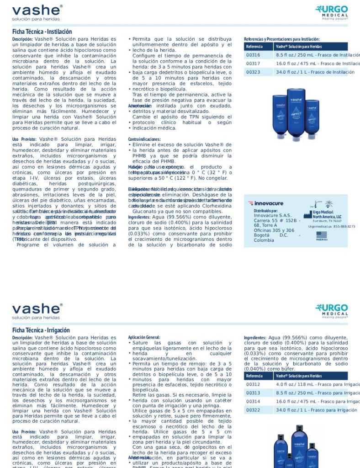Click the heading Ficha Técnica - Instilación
(42, 32)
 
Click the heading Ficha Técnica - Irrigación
(41, 330)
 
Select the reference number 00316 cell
(253, 55)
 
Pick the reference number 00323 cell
(253, 72)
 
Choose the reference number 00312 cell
(253, 384)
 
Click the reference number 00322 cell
(253, 410)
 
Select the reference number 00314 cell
(253, 401)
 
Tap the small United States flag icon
(322, 235)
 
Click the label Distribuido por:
(266, 211)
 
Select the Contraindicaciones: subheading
(144, 139)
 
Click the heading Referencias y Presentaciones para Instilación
(282, 39)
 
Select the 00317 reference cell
(253, 64)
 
